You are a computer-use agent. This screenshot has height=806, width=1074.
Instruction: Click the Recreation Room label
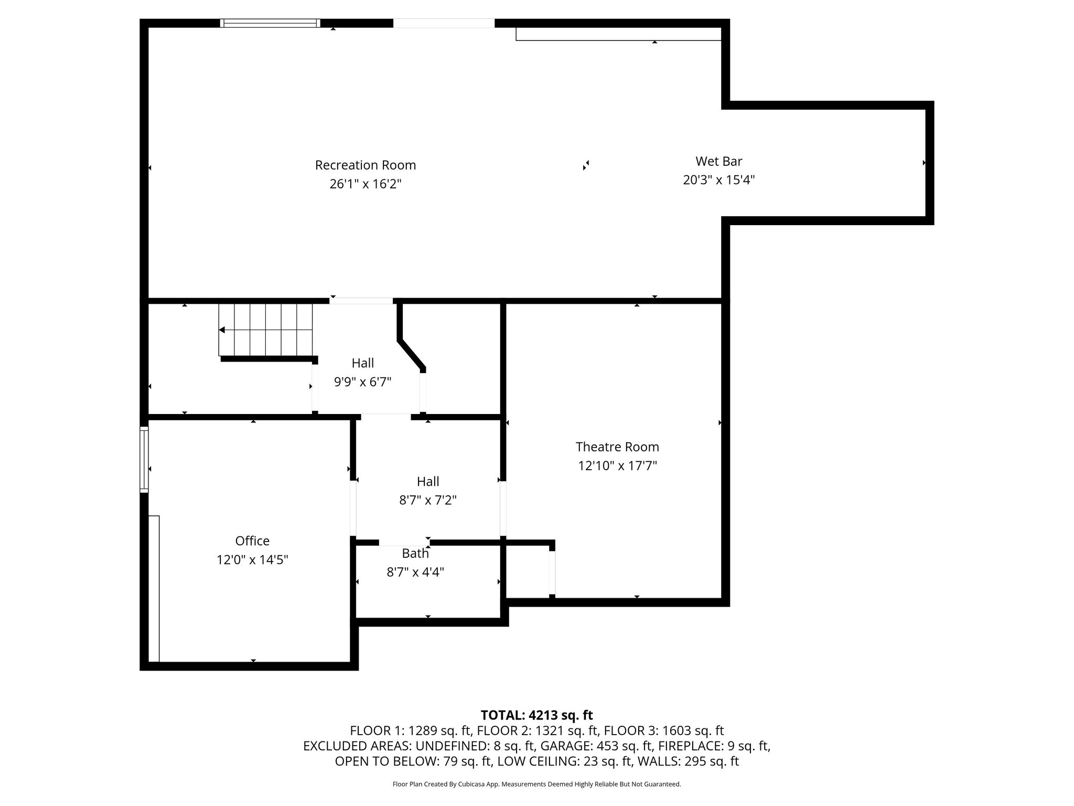coord(366,165)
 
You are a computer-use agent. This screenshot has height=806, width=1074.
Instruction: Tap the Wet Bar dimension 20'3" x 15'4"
coord(718,180)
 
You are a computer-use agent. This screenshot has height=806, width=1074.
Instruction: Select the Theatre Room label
coord(617,447)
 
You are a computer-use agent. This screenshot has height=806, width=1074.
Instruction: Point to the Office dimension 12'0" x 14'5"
coord(252,560)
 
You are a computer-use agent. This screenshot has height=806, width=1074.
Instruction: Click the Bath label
coord(415,553)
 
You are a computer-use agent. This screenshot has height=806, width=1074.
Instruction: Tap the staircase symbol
coord(266,330)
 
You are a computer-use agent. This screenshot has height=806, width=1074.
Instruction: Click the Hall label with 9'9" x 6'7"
coord(363,363)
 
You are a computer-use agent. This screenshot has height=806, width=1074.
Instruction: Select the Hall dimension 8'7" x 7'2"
coord(428,500)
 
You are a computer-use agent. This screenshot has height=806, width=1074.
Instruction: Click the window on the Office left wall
coord(144,460)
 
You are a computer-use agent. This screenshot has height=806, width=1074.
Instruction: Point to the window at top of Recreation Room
coord(270,23)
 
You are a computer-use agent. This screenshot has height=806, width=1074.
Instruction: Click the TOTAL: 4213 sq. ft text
coord(536,715)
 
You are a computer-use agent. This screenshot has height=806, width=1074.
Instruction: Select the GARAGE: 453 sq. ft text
coord(597,746)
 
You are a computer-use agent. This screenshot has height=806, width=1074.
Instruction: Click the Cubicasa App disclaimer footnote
coord(536,784)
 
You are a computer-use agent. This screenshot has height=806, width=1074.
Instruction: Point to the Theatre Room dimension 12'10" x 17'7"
coord(617,466)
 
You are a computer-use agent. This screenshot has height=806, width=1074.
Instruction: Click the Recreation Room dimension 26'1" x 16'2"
coord(366,184)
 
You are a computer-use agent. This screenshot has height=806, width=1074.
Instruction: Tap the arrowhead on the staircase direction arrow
coord(222,330)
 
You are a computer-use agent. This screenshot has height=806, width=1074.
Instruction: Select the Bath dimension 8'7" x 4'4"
coord(415,572)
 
